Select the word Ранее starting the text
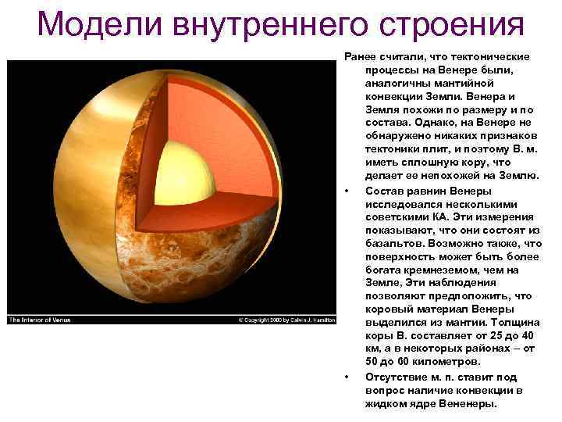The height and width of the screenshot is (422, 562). (x=361, y=57)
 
